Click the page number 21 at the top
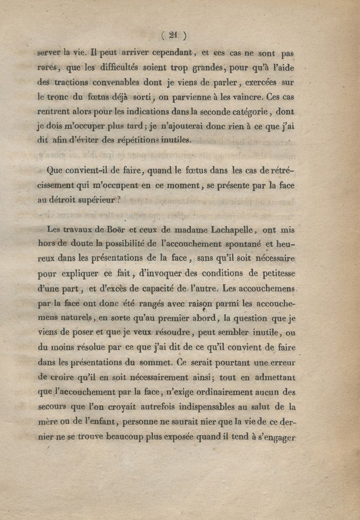point(172,36)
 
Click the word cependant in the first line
point(173,53)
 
